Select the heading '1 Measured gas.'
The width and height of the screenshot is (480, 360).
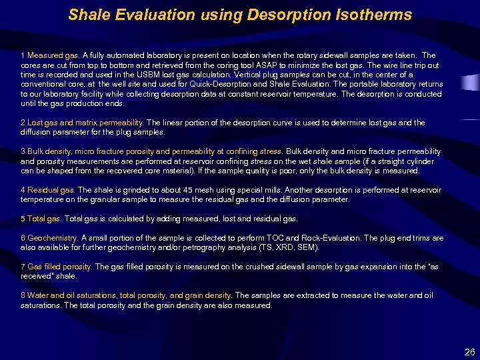tap(50, 55)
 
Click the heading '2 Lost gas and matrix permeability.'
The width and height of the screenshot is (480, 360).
tap(82, 123)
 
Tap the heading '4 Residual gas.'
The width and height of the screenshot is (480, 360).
tap(48, 190)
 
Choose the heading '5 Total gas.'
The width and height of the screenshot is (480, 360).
tap(41, 219)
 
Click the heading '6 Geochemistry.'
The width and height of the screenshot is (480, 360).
tap(50, 237)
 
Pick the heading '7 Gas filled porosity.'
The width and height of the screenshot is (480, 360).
tap(56, 267)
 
